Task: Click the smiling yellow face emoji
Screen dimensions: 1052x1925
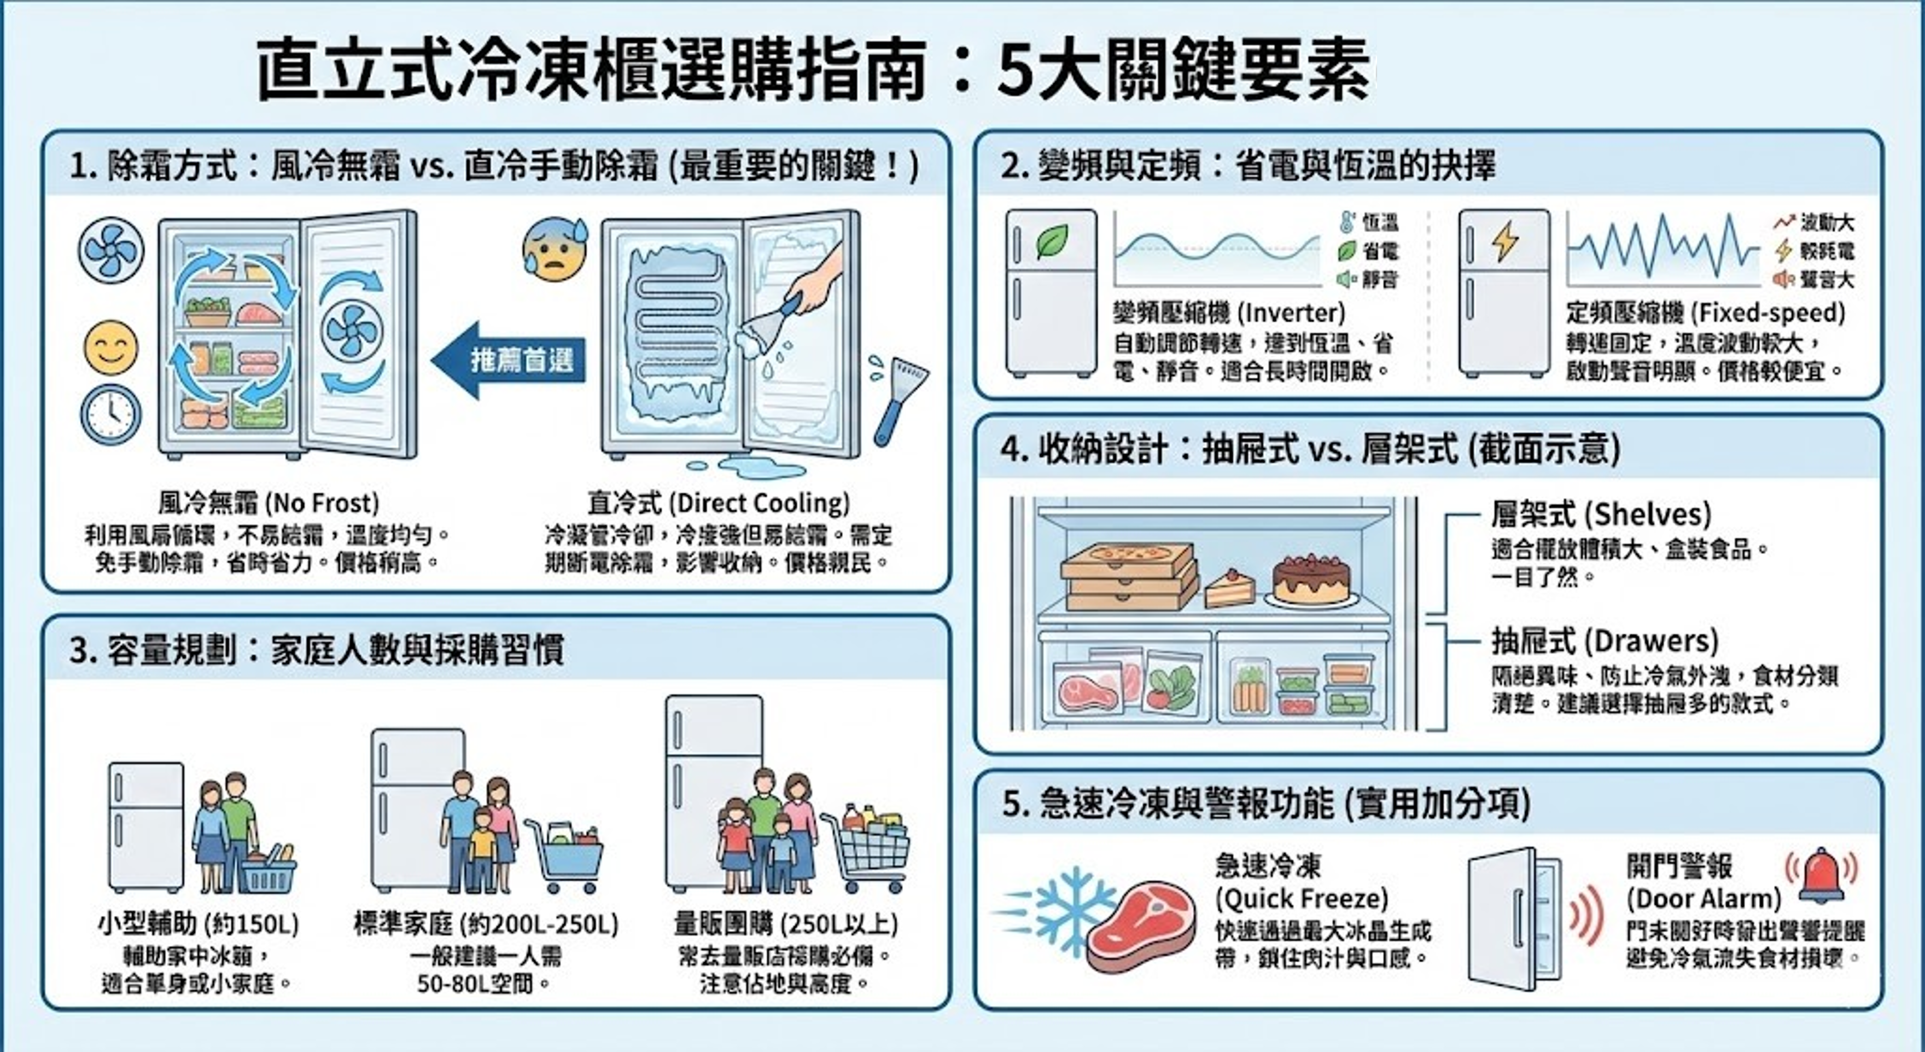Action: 110,348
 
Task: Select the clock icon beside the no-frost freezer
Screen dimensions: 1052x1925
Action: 110,414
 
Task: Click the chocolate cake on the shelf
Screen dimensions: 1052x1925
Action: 1311,580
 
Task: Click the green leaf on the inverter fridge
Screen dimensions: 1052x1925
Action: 1052,241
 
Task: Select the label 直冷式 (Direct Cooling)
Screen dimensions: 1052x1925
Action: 718,503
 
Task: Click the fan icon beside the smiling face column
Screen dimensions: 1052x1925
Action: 110,250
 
